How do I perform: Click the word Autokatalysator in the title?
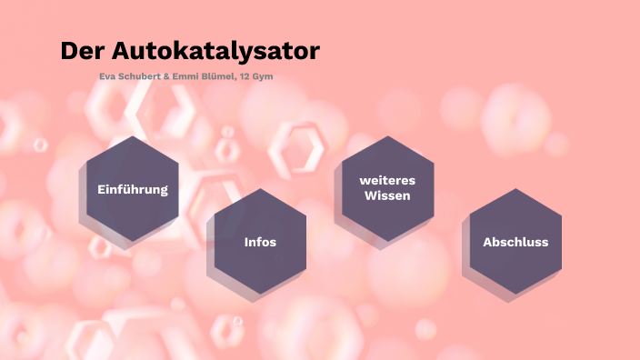[x=215, y=51]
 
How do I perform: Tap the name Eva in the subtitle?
[x=106, y=76]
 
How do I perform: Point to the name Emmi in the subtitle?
[x=186, y=76]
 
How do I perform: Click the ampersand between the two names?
[x=165, y=76]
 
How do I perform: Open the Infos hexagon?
[x=260, y=264]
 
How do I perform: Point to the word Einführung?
[x=133, y=189]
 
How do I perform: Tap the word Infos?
[x=260, y=242]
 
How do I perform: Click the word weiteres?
[x=387, y=181]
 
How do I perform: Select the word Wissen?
[x=387, y=195]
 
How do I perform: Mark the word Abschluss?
[x=515, y=242]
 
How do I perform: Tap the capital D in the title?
[x=69, y=51]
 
